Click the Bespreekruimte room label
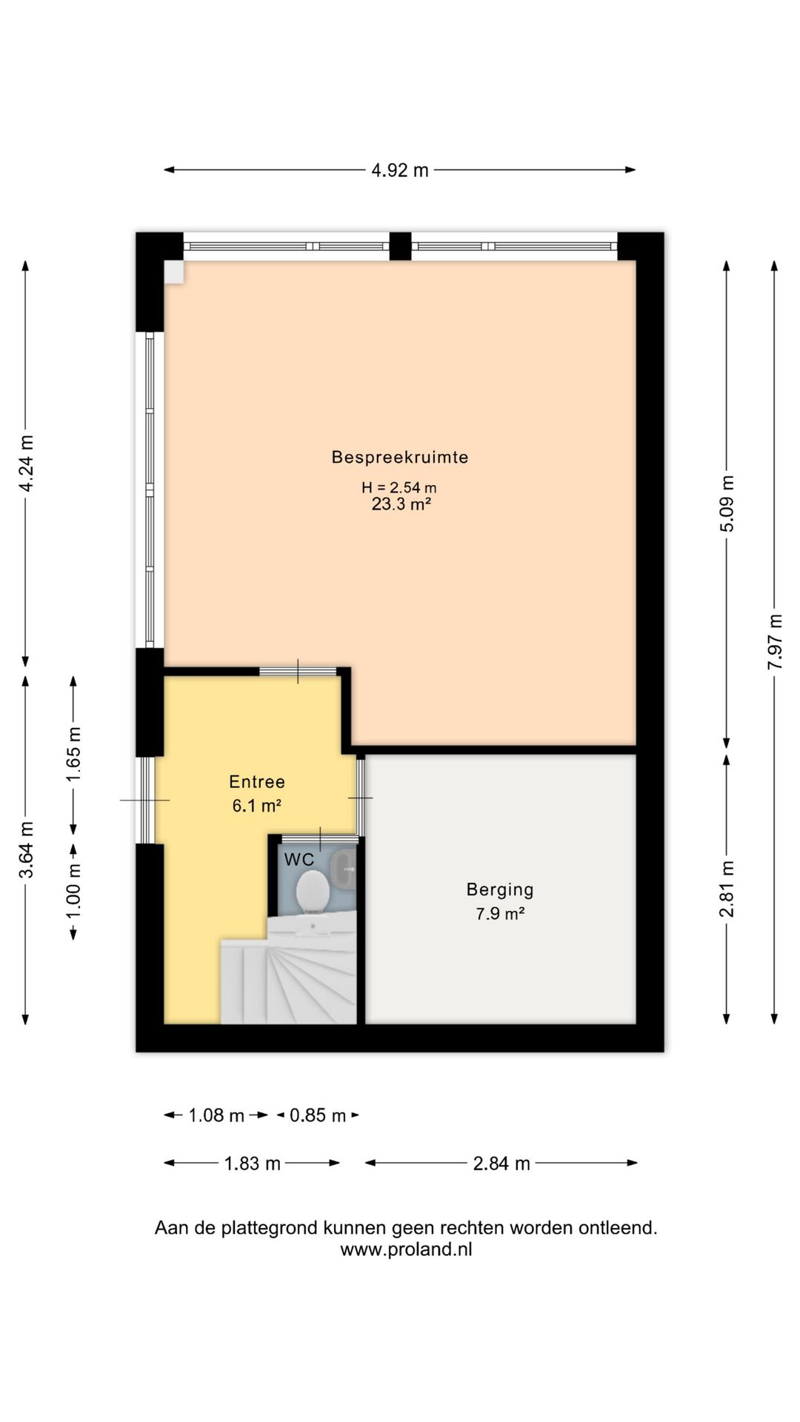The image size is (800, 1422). tap(399, 457)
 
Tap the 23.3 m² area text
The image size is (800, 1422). tap(401, 504)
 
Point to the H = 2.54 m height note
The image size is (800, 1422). tap(399, 487)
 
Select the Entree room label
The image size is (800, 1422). tap(256, 781)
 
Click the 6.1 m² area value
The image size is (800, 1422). tap(256, 806)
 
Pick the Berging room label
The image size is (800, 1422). tap(500, 890)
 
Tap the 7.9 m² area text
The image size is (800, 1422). tap(500, 914)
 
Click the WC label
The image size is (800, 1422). tap(299, 860)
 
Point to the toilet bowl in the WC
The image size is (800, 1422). tap(312, 891)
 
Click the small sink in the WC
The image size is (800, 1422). tap(344, 869)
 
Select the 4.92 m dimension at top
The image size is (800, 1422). tap(400, 170)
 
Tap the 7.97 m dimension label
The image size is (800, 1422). tap(774, 642)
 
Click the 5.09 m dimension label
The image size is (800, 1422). tap(727, 504)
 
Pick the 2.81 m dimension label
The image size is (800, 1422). tap(727, 889)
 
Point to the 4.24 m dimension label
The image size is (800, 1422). tap(26, 464)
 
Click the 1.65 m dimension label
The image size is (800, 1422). tap(73, 754)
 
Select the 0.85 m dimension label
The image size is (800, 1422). tap(318, 1115)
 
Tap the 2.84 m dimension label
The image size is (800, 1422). tap(501, 1164)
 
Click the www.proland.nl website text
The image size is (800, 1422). tap(406, 1249)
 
